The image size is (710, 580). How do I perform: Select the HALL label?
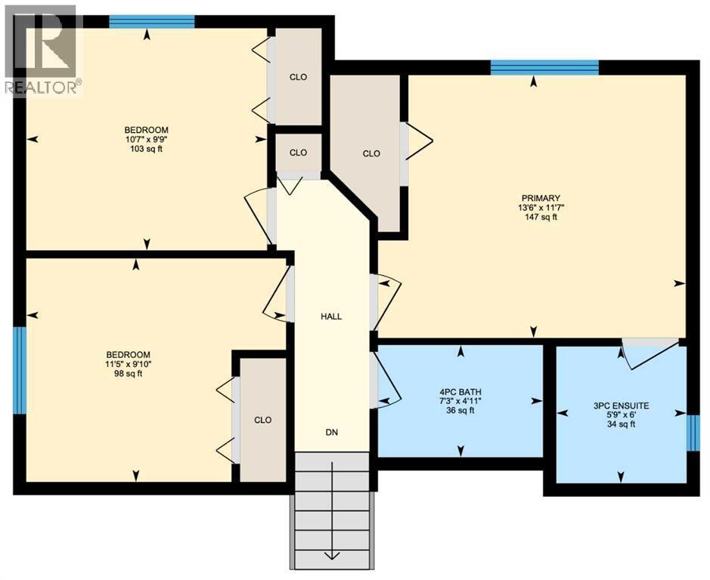(330, 316)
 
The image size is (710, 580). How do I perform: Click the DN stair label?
(331, 433)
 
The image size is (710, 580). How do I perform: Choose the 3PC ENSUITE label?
(621, 405)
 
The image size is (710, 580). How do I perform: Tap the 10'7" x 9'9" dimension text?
(147, 139)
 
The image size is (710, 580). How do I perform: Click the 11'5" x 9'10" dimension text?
(128, 364)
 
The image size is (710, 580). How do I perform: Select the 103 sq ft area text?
(147, 149)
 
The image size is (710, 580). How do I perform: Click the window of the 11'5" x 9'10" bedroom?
(20, 370)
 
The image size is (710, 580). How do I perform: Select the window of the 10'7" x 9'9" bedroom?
(151, 21)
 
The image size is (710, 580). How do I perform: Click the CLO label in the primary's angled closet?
(371, 153)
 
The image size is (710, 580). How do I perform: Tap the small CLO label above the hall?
(298, 153)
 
